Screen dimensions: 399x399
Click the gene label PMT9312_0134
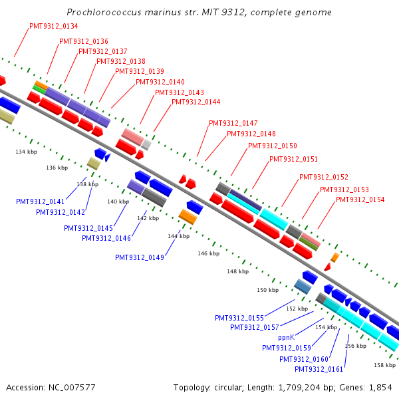pyautogui.click(x=54, y=26)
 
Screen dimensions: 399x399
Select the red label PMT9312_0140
pyautogui.click(x=160, y=82)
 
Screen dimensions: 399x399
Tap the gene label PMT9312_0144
pyautogui.click(x=196, y=102)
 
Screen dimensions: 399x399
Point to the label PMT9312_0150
pyautogui.click(x=273, y=146)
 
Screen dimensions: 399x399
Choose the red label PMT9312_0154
pyautogui.click(x=360, y=199)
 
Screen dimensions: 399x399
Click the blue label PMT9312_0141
pyautogui.click(x=41, y=201)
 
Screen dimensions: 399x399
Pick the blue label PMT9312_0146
pyautogui.click(x=106, y=238)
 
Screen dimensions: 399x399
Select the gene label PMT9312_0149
pyautogui.click(x=140, y=257)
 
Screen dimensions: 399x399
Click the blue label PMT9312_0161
pyautogui.click(x=319, y=369)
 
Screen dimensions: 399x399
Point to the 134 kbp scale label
pyautogui.click(x=27, y=152)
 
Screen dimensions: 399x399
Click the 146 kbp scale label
pyautogui.click(x=208, y=253)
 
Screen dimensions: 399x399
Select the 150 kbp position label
pyautogui.click(x=267, y=290)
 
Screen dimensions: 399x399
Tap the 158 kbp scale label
pyautogui.click(x=384, y=365)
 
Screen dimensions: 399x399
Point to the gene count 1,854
pyautogui.click(x=380, y=387)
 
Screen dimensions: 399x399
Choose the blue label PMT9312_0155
pyautogui.click(x=239, y=318)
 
